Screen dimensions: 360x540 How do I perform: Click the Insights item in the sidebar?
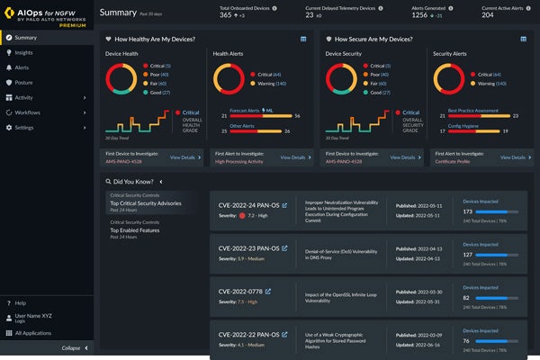click(x=24, y=53)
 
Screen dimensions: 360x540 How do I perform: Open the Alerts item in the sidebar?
click(x=22, y=67)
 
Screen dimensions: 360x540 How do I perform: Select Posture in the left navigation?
click(x=23, y=83)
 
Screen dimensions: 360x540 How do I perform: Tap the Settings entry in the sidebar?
click(x=24, y=128)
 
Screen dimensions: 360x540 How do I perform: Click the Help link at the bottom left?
click(x=21, y=303)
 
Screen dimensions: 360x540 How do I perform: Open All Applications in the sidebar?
click(x=34, y=333)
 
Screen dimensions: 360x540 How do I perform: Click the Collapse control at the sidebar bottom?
click(x=71, y=348)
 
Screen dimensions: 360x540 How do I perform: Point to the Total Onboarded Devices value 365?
click(x=228, y=15)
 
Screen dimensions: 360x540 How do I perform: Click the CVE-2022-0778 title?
click(x=239, y=292)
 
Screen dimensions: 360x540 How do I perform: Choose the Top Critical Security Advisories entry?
click(x=145, y=203)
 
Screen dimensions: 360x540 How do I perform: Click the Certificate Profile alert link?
click(x=454, y=162)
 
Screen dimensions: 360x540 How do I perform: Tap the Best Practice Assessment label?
click(x=472, y=110)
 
